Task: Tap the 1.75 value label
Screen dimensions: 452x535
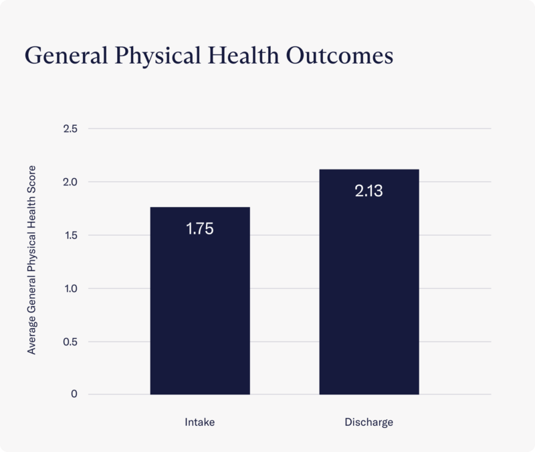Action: (200, 228)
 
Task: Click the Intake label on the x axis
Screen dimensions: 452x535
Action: (200, 423)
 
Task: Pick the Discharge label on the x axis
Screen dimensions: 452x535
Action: (369, 423)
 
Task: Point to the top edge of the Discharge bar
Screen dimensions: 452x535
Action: (369, 170)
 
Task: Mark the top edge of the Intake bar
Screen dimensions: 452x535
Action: (200, 208)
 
